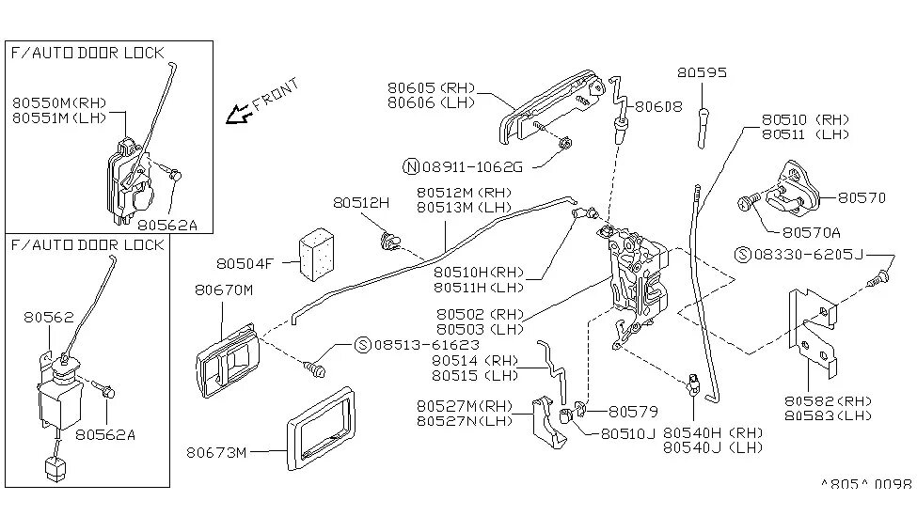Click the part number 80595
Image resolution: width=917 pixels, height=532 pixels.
(702, 72)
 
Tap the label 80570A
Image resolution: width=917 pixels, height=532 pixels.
(810, 231)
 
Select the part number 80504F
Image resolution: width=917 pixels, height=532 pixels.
(244, 264)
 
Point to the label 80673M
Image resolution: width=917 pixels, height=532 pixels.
(217, 453)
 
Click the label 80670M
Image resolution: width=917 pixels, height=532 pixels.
(224, 290)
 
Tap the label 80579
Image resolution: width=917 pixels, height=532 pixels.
(634, 411)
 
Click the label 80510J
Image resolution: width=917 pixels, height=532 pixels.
(627, 433)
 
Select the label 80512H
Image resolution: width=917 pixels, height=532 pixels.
(360, 202)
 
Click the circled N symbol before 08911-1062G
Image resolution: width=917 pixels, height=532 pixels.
(410, 166)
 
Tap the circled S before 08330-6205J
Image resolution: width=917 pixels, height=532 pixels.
(744, 254)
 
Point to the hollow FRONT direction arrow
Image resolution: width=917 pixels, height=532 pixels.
(239, 115)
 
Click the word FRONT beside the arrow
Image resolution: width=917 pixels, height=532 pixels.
(277, 94)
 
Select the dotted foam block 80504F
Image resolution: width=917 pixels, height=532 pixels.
(315, 252)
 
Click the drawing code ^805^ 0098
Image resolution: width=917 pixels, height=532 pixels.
(865, 484)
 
